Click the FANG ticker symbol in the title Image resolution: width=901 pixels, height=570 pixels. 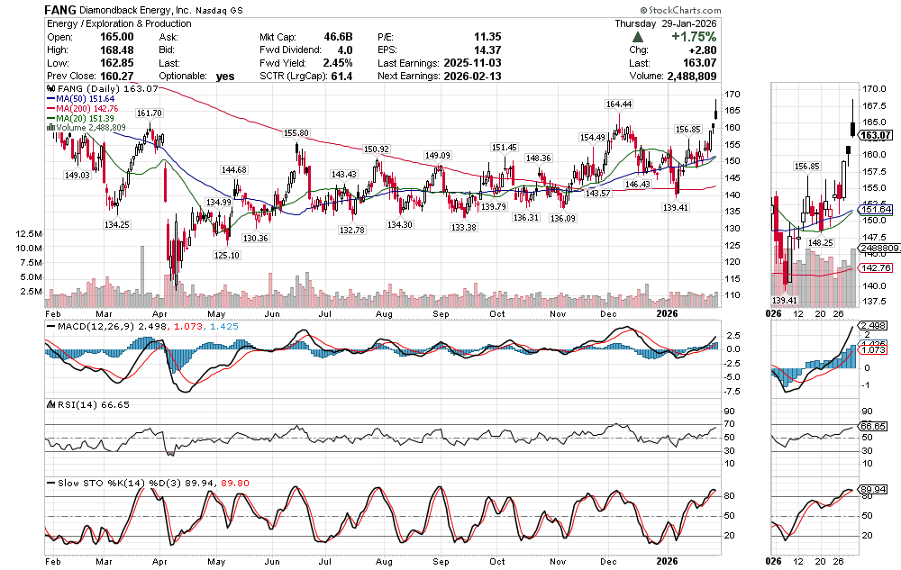click(x=60, y=9)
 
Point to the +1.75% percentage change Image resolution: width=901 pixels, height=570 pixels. click(x=694, y=37)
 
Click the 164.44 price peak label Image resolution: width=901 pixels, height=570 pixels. click(x=618, y=104)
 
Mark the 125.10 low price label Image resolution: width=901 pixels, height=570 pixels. click(x=226, y=256)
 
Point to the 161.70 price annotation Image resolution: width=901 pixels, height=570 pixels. click(x=149, y=113)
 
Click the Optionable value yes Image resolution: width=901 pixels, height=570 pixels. click(x=225, y=77)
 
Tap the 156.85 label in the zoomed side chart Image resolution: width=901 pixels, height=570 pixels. click(x=806, y=167)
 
